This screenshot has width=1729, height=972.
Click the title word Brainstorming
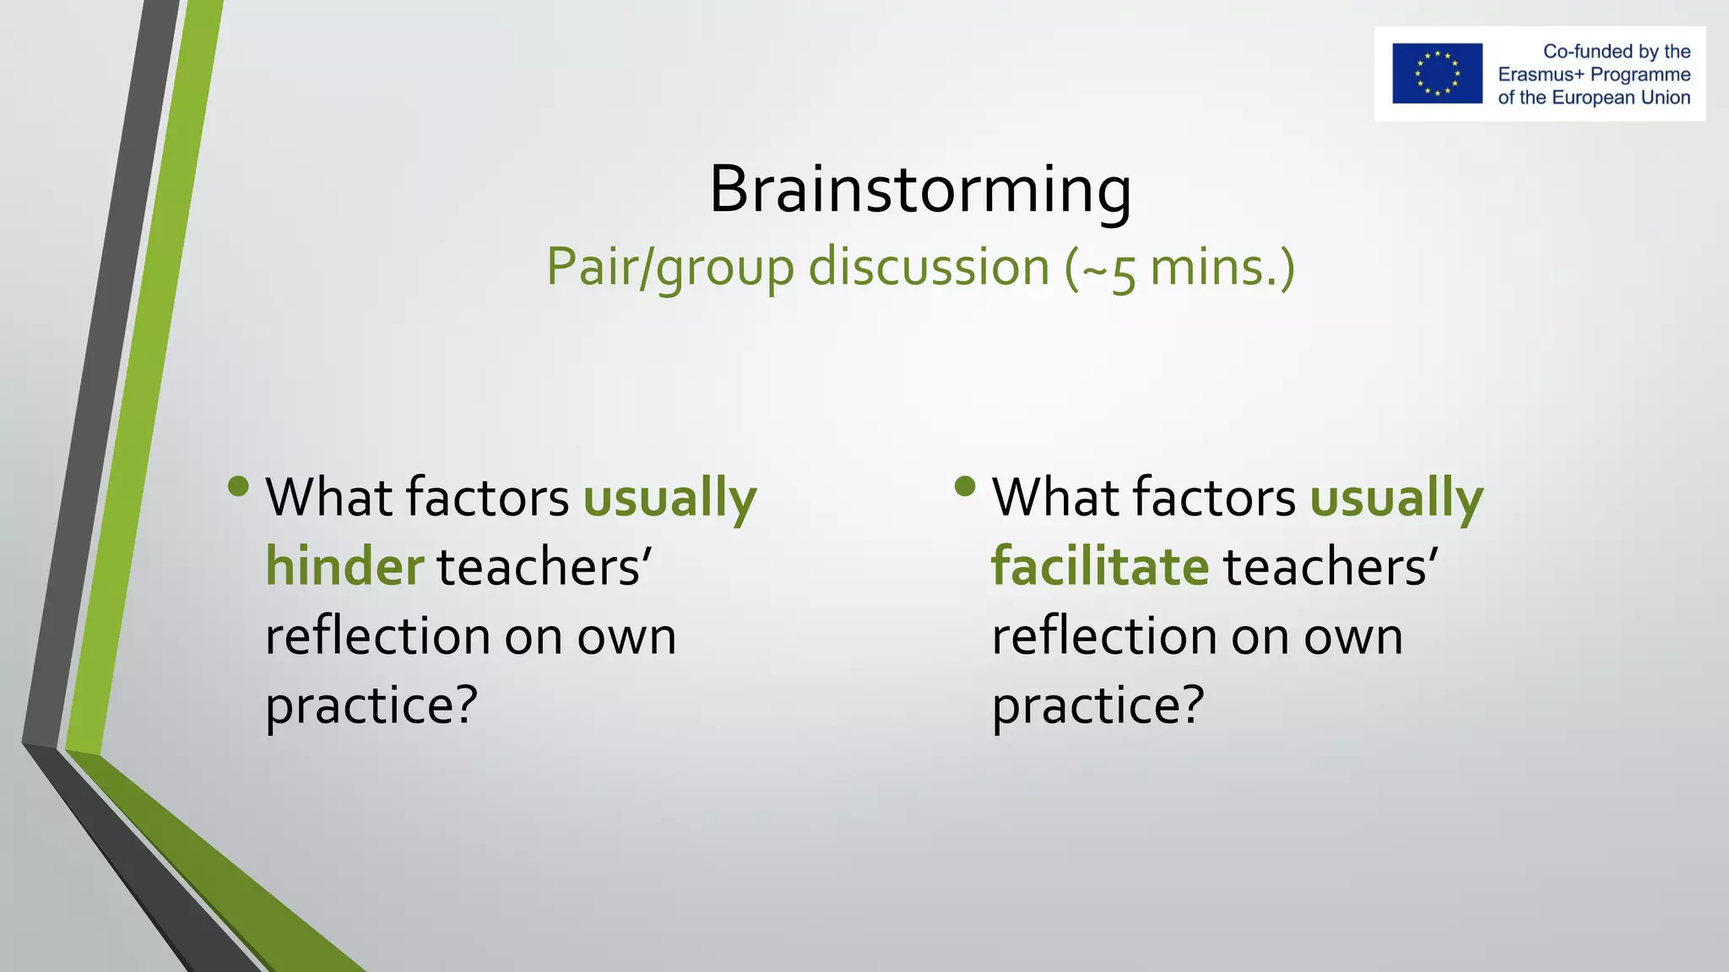919,190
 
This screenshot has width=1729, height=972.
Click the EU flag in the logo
1437,73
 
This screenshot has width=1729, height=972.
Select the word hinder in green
344,566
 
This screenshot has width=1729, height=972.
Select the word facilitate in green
1100,566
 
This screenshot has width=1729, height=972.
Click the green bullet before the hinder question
238,486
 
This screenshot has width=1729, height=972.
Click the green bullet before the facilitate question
965,486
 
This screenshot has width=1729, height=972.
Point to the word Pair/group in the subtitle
669,267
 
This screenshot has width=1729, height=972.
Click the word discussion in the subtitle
929,267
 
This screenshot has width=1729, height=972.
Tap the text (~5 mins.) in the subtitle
1179,267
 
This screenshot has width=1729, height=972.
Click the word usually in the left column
669,498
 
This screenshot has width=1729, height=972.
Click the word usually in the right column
1396,498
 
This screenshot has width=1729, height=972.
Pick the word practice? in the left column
371,705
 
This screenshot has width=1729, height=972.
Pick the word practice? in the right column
1098,705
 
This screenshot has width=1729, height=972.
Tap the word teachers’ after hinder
545,566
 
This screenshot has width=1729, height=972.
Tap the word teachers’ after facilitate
1331,566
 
